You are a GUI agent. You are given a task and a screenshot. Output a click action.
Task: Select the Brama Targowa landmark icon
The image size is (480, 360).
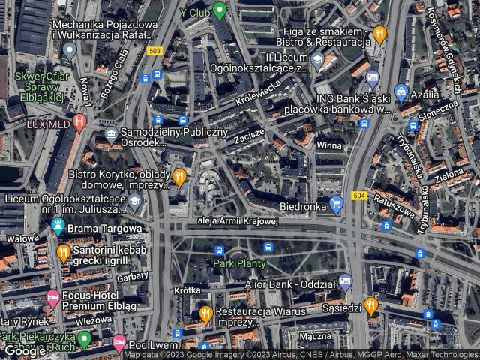tap(58, 225)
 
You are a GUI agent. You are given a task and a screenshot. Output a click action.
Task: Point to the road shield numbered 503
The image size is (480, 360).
tap(155, 51)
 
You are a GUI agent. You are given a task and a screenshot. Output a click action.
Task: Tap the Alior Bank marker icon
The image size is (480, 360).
tap(345, 283)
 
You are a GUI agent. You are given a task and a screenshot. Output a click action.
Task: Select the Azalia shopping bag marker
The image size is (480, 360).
tap(401, 93)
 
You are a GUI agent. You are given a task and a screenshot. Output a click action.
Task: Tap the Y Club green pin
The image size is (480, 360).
tap(219, 10)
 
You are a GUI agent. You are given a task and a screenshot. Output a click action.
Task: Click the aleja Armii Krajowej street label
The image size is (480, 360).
tap(236, 220)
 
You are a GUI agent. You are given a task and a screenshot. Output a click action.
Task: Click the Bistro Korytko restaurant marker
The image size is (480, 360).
tap(179, 178)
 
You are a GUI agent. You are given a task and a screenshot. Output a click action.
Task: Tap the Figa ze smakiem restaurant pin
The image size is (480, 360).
tap(379, 33)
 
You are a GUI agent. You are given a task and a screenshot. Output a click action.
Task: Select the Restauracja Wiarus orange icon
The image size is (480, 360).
tap(205, 315)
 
